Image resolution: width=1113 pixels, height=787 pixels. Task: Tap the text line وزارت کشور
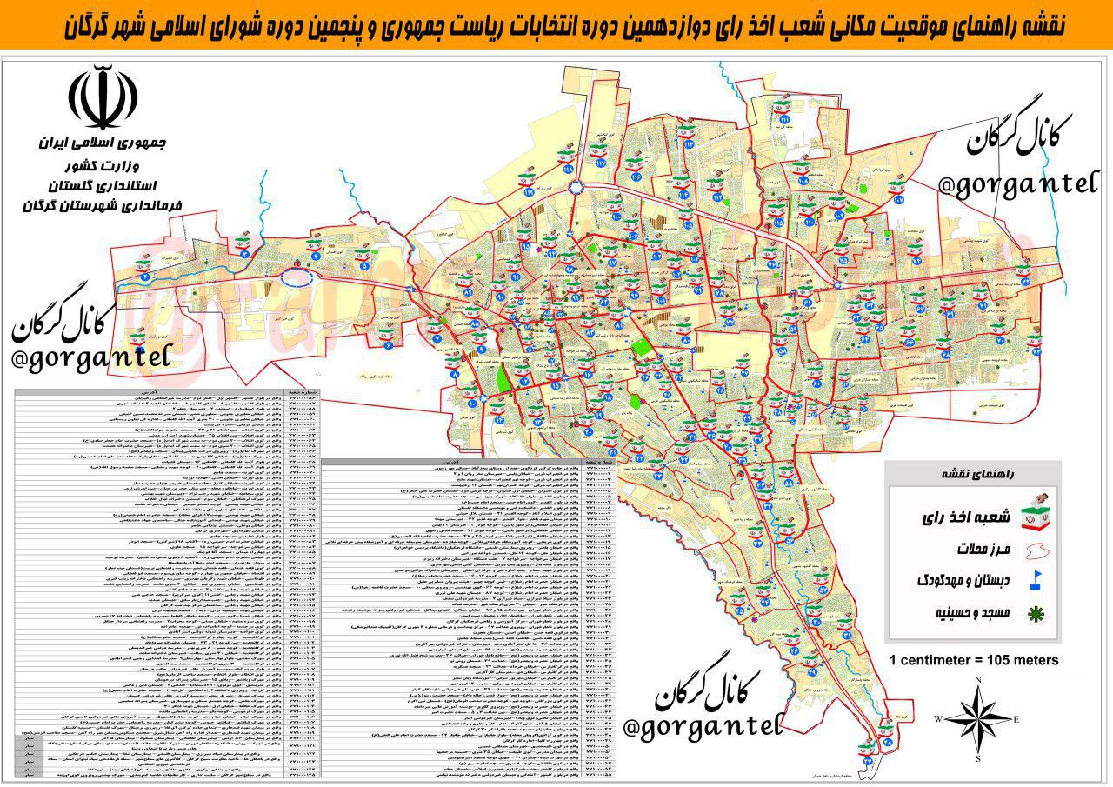coord(104,164)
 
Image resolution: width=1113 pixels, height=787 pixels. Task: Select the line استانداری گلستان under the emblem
coord(104,185)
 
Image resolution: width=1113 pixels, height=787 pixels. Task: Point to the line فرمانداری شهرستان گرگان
coord(104,206)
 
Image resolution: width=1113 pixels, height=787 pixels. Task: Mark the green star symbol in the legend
coord(1035,613)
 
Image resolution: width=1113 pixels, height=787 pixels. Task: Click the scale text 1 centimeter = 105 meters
coord(973,660)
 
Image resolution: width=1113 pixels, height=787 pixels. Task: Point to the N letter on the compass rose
coord(978,680)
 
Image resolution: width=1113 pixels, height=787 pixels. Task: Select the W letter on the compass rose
coord(938,719)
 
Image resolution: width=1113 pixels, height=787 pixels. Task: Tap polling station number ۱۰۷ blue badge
coord(899,198)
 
